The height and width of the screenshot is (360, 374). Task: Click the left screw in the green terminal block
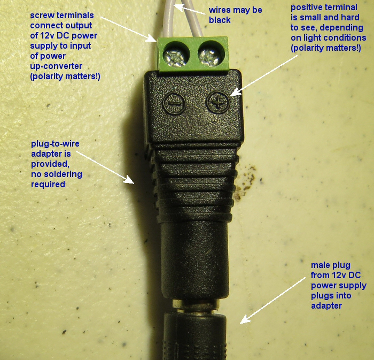point(175,55)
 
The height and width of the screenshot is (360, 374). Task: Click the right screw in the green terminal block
point(208,53)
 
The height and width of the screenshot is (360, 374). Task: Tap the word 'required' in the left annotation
point(46,184)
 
